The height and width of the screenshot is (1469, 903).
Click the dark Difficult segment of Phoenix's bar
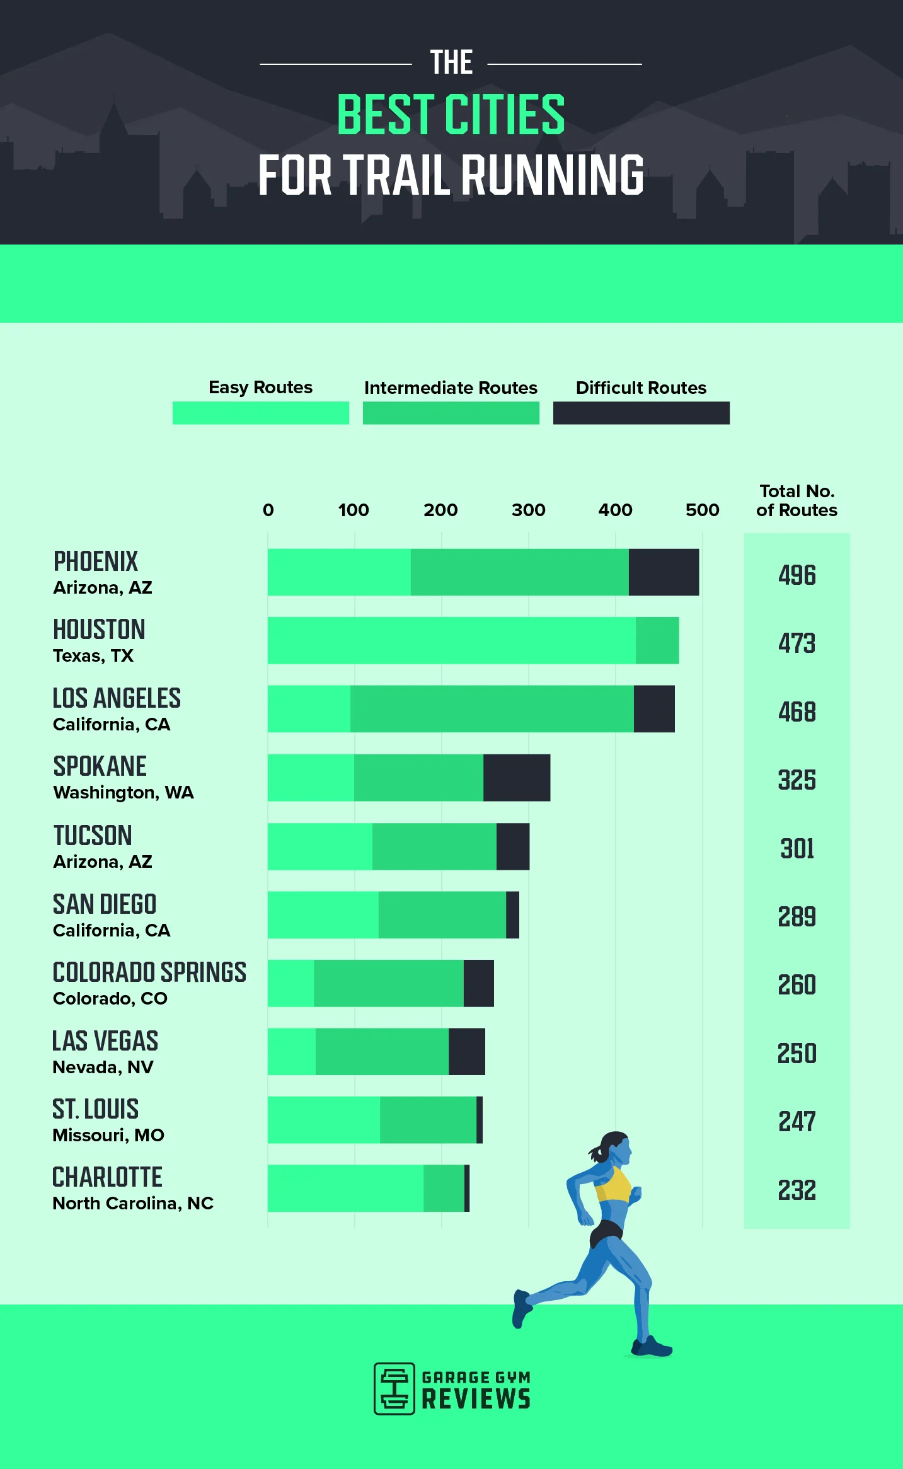click(x=664, y=572)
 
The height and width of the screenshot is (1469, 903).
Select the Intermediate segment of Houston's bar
click(x=657, y=640)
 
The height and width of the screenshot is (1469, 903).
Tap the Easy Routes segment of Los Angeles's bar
click(x=309, y=709)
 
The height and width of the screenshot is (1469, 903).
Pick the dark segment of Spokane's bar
click(x=517, y=778)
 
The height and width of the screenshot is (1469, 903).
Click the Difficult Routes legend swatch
click(x=641, y=413)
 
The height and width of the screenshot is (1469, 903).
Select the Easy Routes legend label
click(x=260, y=387)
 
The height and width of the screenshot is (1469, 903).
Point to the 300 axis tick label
click(x=528, y=510)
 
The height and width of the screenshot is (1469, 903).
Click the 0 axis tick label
click(x=268, y=510)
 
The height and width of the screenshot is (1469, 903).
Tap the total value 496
click(x=797, y=575)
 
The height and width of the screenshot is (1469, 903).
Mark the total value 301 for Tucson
click(x=797, y=849)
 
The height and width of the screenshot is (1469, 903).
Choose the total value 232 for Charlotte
click(x=797, y=1190)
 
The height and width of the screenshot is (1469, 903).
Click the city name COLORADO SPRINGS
click(x=149, y=972)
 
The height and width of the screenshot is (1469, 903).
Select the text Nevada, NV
click(x=103, y=1067)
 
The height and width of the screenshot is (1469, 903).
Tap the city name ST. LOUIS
click(x=95, y=1109)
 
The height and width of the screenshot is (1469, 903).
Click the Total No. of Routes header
click(x=797, y=500)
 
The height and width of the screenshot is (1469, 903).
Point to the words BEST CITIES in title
click(x=451, y=115)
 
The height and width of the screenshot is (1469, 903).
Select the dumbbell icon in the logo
click(x=394, y=1389)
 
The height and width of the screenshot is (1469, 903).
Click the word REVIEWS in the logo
click(x=476, y=1399)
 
